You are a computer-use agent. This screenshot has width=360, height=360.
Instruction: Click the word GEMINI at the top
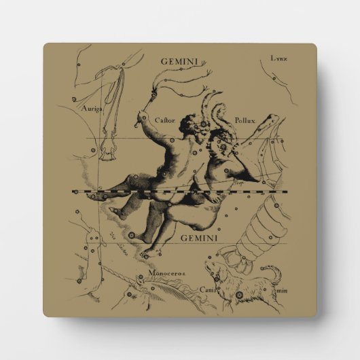[179, 61]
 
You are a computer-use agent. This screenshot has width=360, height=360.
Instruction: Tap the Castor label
[164, 120]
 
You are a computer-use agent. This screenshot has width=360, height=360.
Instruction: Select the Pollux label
[244, 119]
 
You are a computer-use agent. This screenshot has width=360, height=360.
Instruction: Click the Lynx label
[278, 59]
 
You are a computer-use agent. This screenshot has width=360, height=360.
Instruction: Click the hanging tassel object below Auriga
[108, 151]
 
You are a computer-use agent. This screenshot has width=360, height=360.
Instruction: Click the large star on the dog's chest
[219, 278]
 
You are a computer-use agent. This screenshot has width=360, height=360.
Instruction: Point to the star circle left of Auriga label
[73, 100]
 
